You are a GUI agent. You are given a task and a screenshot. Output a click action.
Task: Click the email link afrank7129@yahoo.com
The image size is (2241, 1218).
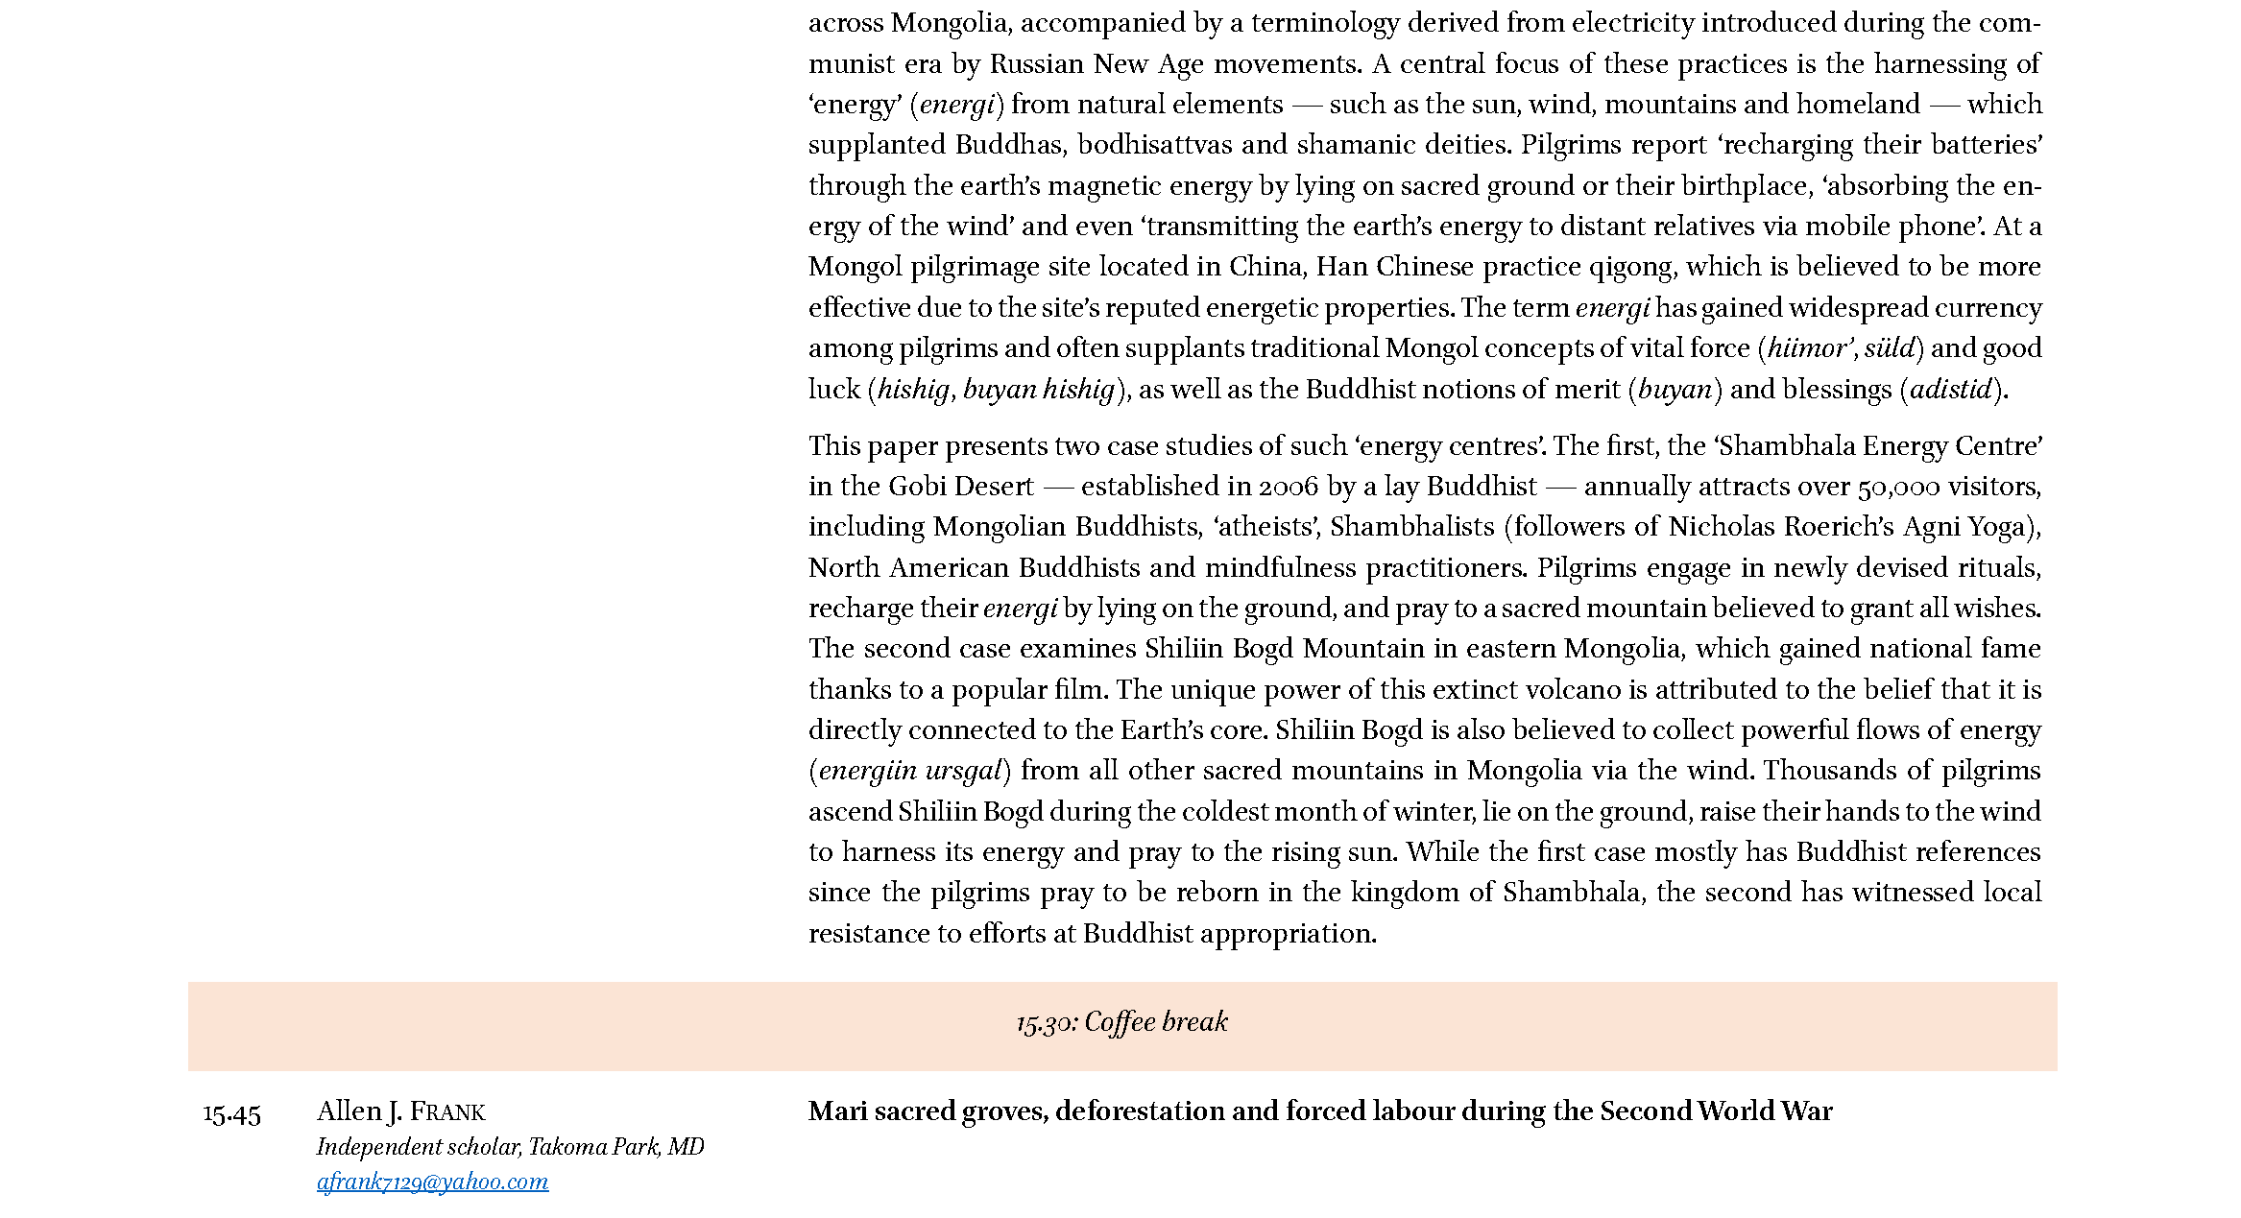point(432,1182)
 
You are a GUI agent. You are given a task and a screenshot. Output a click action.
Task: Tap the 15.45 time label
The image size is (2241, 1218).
point(232,1114)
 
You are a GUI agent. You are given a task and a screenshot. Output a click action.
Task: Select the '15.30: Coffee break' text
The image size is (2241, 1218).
point(1121,1022)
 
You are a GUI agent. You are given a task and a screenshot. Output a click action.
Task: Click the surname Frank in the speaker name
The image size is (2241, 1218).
point(447,1112)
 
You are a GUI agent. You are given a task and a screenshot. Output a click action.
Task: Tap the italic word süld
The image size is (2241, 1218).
point(1890,348)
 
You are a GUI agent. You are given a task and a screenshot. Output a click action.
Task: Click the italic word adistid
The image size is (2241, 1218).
point(1951,390)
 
